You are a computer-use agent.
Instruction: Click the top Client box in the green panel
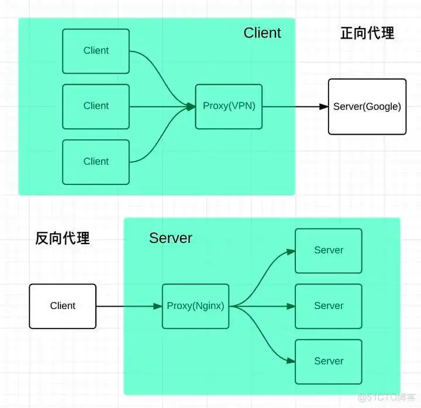(x=96, y=51)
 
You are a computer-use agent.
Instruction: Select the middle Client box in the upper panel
(x=96, y=106)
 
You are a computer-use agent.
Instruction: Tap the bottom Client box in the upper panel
(x=96, y=162)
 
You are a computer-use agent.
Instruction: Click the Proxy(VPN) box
(x=229, y=107)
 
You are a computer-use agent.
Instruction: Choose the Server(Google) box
(x=367, y=107)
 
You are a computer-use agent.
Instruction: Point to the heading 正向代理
(x=367, y=33)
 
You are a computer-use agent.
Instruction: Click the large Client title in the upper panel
(x=262, y=33)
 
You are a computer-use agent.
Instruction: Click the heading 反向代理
(x=63, y=238)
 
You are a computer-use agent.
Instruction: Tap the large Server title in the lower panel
(x=171, y=238)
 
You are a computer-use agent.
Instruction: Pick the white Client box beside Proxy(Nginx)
(x=63, y=306)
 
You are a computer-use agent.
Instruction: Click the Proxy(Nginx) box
(x=195, y=306)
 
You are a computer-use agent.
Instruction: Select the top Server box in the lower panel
(x=328, y=251)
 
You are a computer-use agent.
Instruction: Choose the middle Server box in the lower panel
(x=328, y=306)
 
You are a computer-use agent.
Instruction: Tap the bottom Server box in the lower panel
(x=328, y=361)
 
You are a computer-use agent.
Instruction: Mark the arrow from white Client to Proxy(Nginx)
(x=129, y=306)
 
